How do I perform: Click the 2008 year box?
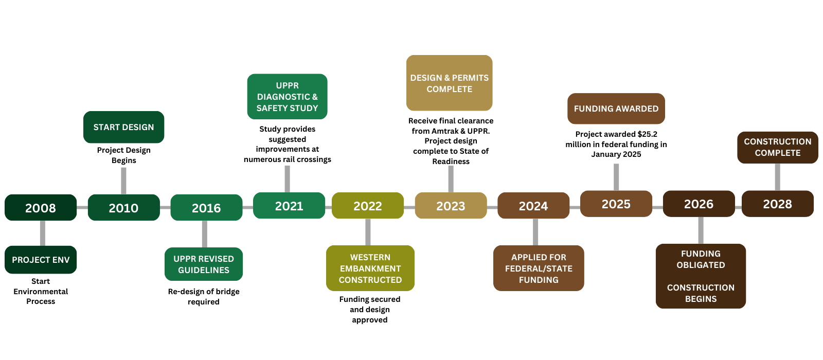41,208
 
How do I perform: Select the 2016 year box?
206,208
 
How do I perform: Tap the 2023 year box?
451,206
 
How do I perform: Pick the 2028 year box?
777,204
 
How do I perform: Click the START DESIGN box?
123,127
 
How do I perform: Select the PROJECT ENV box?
41,260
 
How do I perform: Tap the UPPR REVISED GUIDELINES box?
204,264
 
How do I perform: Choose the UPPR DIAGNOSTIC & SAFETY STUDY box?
287,97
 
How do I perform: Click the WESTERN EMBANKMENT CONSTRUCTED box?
370,268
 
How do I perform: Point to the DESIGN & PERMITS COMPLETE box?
449,83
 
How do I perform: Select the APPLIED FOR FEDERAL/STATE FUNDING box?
539,268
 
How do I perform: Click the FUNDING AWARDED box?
616,109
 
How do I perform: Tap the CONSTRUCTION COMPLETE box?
777,147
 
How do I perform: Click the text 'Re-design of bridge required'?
204,297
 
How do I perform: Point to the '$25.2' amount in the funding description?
647,134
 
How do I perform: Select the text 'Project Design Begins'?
123,155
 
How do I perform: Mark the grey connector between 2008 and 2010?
82,207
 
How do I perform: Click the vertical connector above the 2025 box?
616,177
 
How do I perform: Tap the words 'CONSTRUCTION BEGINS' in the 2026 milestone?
701,293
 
